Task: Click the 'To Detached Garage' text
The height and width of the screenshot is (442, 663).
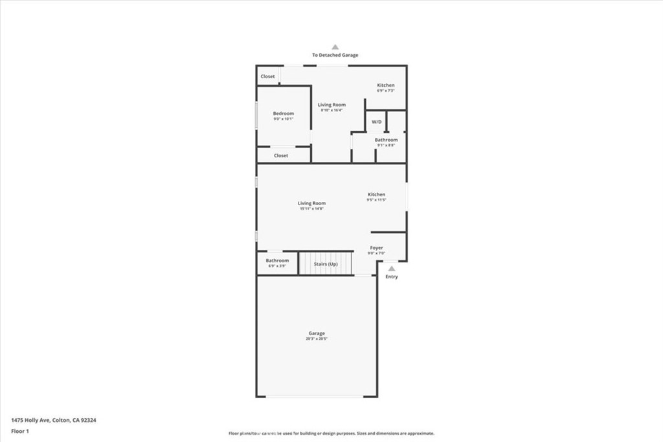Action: (335, 56)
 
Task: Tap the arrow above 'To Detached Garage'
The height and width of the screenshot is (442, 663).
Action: (335, 47)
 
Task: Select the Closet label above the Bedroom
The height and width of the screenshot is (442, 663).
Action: (267, 76)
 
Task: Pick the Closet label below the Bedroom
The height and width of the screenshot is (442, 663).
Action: (280, 155)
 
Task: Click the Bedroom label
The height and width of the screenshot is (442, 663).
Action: (283, 113)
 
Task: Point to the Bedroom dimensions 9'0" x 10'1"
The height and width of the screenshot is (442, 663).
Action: (283, 119)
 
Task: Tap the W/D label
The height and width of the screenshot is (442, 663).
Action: (376, 122)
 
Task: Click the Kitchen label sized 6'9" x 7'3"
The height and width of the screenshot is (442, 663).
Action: (386, 85)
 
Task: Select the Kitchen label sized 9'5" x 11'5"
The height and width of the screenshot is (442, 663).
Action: (376, 194)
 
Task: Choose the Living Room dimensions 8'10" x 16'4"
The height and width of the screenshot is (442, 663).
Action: (331, 110)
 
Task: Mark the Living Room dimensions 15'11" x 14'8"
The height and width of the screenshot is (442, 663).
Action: (311, 208)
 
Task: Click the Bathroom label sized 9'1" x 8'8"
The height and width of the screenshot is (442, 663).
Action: (386, 140)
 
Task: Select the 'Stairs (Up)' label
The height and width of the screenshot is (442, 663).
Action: (325, 264)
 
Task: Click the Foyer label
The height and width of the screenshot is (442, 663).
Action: (376, 247)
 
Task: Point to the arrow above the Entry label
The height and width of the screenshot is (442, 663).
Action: (391, 267)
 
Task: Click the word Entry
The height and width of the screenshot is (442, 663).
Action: (392, 277)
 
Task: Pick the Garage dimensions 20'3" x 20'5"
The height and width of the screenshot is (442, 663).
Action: (317, 338)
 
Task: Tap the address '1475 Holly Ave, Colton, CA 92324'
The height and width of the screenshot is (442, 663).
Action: (54, 419)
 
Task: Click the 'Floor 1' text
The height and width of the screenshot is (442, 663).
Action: (21, 430)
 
